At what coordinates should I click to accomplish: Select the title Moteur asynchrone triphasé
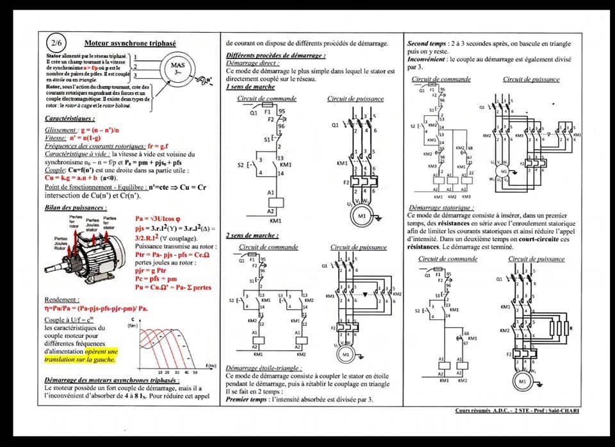tap(122, 44)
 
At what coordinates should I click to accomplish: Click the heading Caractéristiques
tap(70, 119)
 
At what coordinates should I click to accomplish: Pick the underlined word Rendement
tap(62, 300)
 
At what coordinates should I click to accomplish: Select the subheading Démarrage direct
tap(252, 63)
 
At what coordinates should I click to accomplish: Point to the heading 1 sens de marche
tap(250, 87)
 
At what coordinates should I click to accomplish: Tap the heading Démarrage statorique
tap(441, 208)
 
